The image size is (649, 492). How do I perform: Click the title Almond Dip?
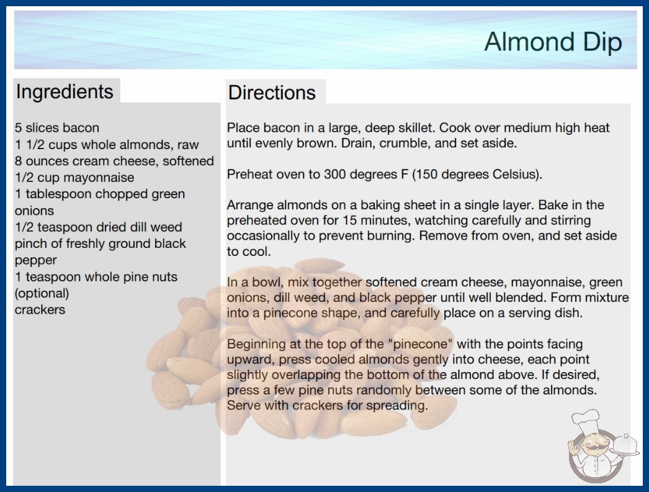553,42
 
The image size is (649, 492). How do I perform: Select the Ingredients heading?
65,91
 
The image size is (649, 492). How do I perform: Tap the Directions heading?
272,93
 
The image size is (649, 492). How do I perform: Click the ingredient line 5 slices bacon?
57,128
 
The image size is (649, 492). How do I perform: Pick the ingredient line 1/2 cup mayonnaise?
74,178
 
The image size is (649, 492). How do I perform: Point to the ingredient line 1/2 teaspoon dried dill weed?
99,227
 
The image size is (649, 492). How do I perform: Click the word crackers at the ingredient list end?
40,309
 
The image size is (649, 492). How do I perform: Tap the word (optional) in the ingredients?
42,293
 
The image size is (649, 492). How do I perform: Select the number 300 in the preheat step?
334,174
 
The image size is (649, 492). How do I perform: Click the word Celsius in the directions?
516,174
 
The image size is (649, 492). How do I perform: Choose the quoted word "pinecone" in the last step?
421,344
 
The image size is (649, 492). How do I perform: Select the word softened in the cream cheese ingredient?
189,161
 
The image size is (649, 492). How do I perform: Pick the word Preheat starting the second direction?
249,174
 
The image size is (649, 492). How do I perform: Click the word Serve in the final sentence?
243,405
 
